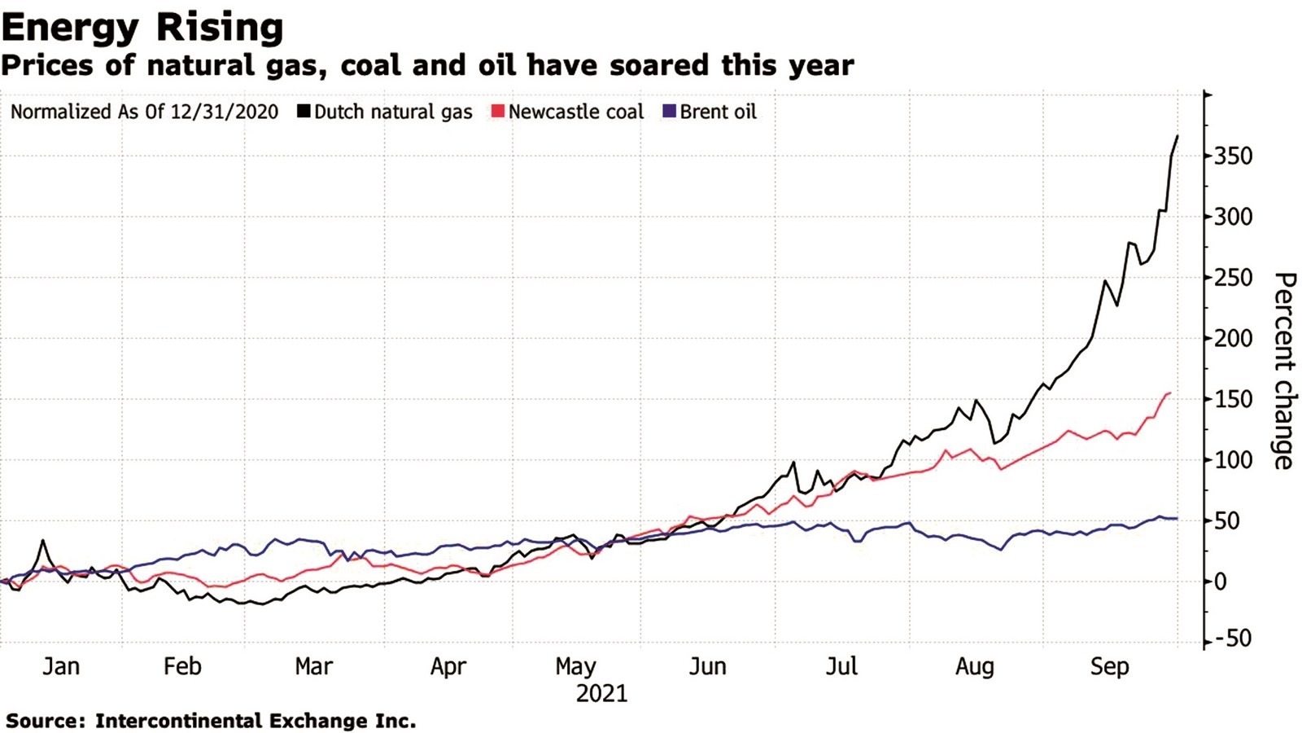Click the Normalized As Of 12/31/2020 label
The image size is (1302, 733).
[x=144, y=112]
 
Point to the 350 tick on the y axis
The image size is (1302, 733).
[x=1233, y=156]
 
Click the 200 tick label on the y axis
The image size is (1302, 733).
[x=1233, y=338]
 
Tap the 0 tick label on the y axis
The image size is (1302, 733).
[x=1221, y=582]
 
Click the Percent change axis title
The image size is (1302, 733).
[x=1283, y=371]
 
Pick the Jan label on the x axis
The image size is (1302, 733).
[x=61, y=666]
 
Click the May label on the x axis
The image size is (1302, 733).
[x=575, y=666]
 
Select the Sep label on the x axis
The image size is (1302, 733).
[x=1109, y=666]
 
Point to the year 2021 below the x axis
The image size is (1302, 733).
[x=601, y=694]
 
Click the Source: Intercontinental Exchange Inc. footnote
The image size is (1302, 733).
[x=211, y=721]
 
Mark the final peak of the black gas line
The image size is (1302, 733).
[x=1177, y=137]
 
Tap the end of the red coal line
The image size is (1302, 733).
[x=1169, y=393]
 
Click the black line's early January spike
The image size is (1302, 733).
[x=42, y=540]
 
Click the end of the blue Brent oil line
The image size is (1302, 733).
[x=1176, y=518]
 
